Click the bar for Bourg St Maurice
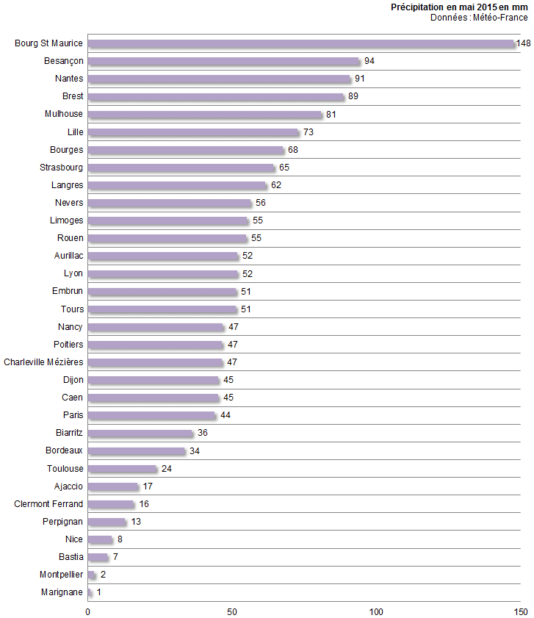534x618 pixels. [301, 43]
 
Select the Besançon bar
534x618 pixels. [224, 61]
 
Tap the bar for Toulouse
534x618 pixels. [123, 469]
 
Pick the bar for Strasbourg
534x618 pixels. [181, 168]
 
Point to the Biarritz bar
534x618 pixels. [140, 434]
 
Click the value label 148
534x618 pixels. [523, 43]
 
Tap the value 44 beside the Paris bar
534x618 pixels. [225, 416]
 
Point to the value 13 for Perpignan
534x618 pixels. [137, 522]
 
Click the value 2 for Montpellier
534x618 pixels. [103, 575]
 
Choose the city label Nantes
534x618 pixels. [69, 79]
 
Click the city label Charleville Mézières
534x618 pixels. [43, 362]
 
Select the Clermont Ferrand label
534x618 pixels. [48, 504]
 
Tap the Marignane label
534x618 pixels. [62, 592]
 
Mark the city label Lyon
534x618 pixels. [73, 273]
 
